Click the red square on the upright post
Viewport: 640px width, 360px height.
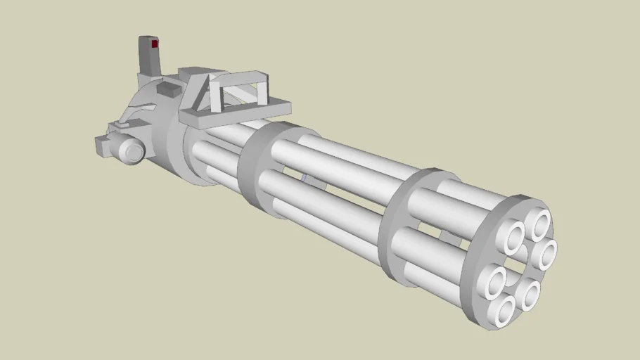tap(154, 44)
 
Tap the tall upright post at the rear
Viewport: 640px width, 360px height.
tap(149, 60)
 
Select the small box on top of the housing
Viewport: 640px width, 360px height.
tap(169, 89)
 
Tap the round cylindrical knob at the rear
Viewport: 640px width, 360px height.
tap(132, 150)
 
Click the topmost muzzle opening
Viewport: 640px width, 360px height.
tap(541, 224)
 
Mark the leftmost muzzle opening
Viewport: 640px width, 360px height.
tap(492, 283)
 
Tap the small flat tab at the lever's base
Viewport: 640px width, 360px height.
tap(120, 126)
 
